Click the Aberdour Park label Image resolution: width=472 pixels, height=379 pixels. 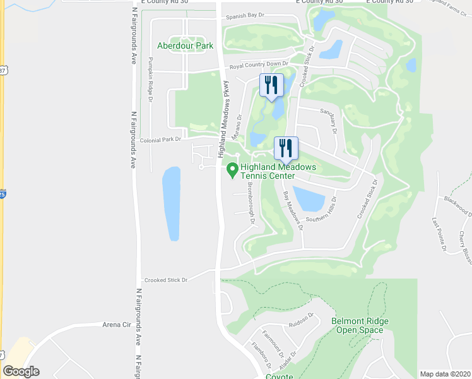pos(186,45)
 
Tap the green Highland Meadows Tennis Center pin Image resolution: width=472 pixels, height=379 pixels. pos(232,169)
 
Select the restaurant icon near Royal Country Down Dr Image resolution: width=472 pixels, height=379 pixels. pos(271,85)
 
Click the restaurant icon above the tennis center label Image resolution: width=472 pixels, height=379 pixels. pos(286,149)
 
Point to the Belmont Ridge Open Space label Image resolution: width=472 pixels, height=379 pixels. pos(360,325)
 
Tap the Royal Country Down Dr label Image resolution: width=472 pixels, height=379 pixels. pos(258,64)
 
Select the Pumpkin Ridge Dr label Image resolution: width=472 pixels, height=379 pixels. pos(151,79)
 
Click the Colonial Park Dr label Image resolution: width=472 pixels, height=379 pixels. pos(160,140)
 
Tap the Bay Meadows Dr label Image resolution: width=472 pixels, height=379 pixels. pos(292,212)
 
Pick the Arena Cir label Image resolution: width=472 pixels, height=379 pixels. pos(116,325)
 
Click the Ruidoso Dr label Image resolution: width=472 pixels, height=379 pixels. pos(302,316)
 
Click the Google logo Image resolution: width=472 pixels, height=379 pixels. pos(21,371)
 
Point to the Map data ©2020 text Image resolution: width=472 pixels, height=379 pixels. pos(445,374)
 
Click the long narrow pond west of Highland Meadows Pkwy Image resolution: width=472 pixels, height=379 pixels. pos(171,204)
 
